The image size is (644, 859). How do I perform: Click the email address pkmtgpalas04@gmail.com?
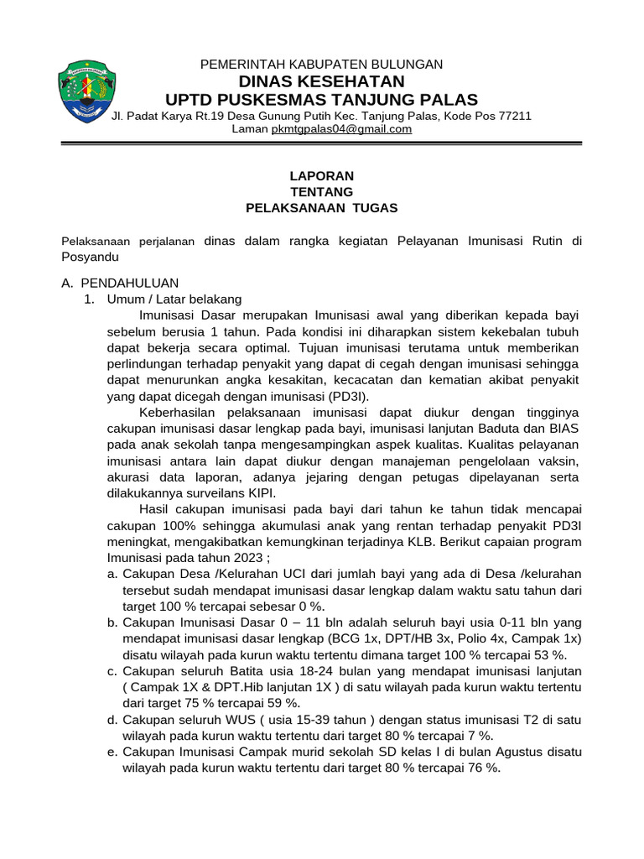[342, 129]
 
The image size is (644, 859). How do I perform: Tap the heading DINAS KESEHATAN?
[322, 81]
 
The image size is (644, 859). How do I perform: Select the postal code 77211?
[514, 116]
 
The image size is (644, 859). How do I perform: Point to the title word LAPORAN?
[322, 176]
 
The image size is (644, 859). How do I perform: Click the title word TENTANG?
[322, 192]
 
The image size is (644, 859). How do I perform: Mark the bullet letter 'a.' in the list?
[112, 575]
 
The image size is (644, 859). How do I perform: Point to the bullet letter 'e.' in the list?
[112, 752]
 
